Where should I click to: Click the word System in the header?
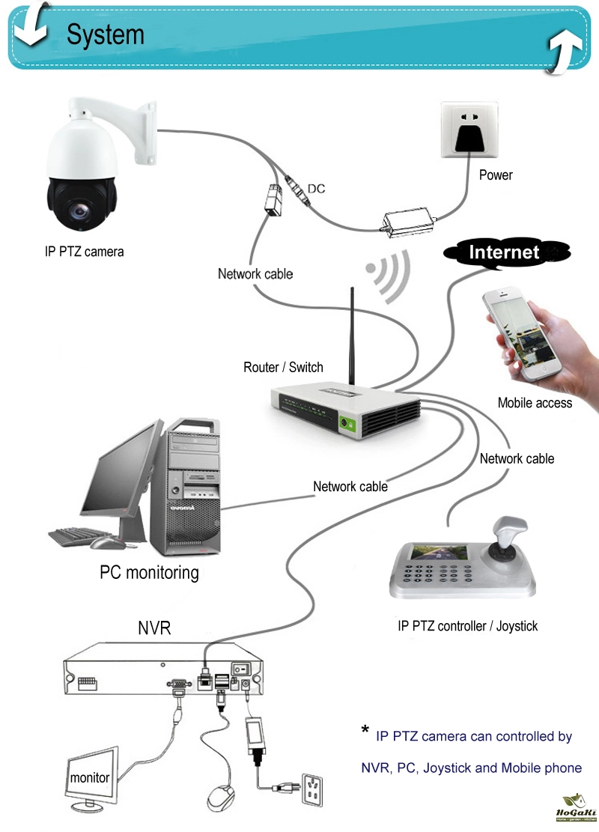coord(105,35)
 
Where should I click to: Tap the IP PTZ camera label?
coord(84,252)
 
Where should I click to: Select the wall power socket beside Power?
coord(469,131)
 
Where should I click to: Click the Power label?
coord(496,175)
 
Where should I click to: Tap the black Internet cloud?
coord(506,252)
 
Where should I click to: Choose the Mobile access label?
coord(535,403)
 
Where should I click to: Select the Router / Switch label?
coord(283,368)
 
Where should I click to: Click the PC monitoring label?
coord(150,573)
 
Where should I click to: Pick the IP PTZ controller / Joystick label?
coord(467,626)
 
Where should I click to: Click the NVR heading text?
coord(154,628)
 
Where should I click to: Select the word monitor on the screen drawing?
coord(90,778)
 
